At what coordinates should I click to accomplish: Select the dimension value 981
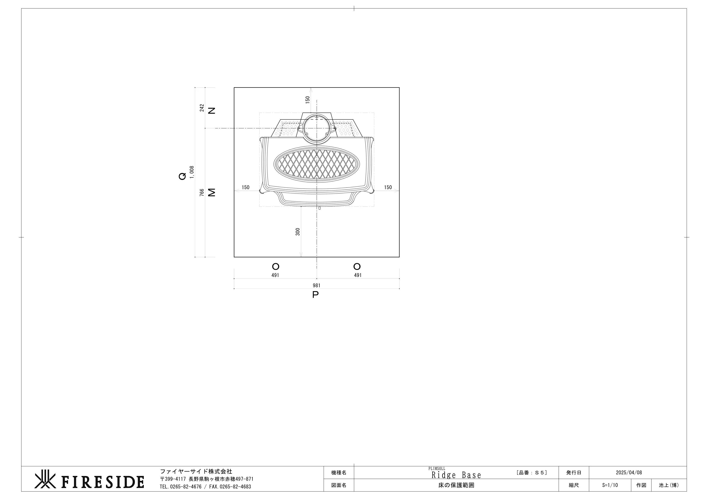tap(316, 286)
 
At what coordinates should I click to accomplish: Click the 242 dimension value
tap(202, 108)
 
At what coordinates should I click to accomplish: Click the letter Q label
tap(183, 176)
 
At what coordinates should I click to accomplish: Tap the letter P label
tap(315, 295)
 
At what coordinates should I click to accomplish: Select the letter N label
tap(212, 111)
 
